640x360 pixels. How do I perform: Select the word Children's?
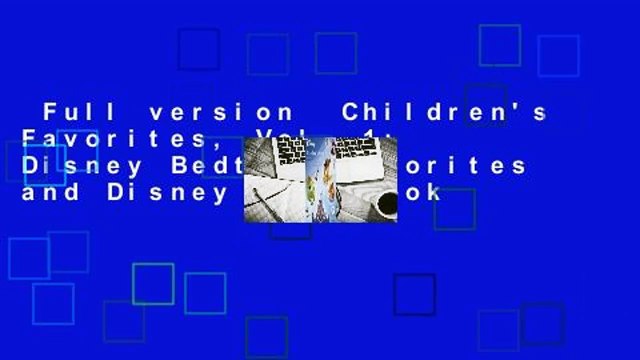coord(445,114)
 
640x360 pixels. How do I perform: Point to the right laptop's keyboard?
coord(360,158)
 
